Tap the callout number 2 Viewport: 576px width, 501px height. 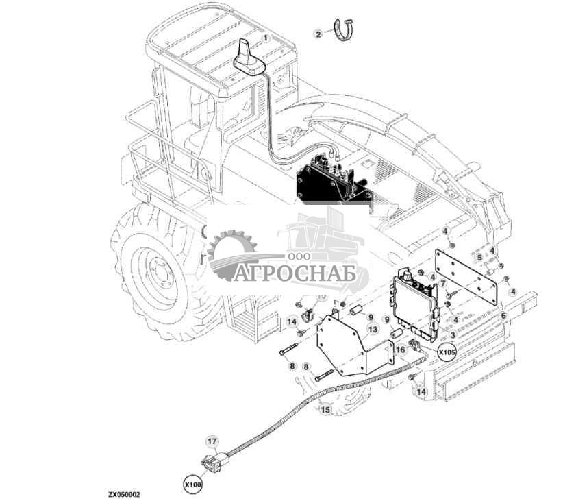[x=318, y=33]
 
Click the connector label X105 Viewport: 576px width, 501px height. [x=447, y=353]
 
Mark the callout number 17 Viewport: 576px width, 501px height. [x=212, y=442]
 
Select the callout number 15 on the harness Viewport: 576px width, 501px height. [x=325, y=410]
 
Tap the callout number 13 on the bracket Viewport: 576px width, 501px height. [x=372, y=329]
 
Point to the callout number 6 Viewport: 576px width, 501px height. [x=503, y=315]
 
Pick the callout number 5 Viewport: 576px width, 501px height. [x=479, y=257]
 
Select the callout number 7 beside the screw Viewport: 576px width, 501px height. [x=442, y=283]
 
